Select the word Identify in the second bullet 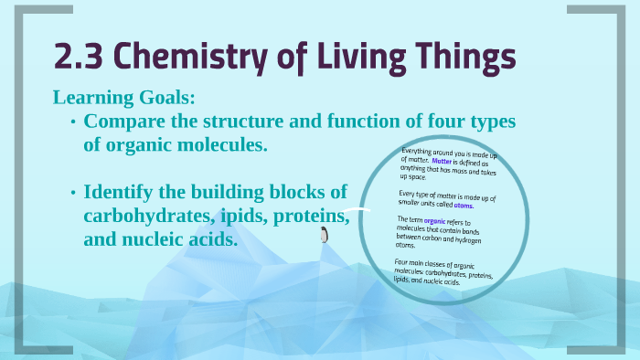click(x=118, y=193)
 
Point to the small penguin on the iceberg click(x=324, y=236)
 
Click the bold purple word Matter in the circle click(x=450, y=161)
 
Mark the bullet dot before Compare click(x=72, y=122)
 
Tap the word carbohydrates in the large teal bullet click(x=142, y=217)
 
